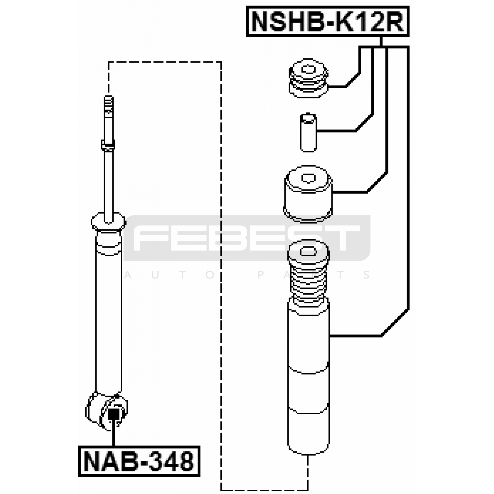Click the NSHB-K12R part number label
tap(328, 21)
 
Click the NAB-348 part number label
tap(139, 461)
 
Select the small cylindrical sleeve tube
tap(308, 132)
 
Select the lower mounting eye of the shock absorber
tap(107, 411)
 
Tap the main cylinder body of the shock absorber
tap(109, 312)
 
